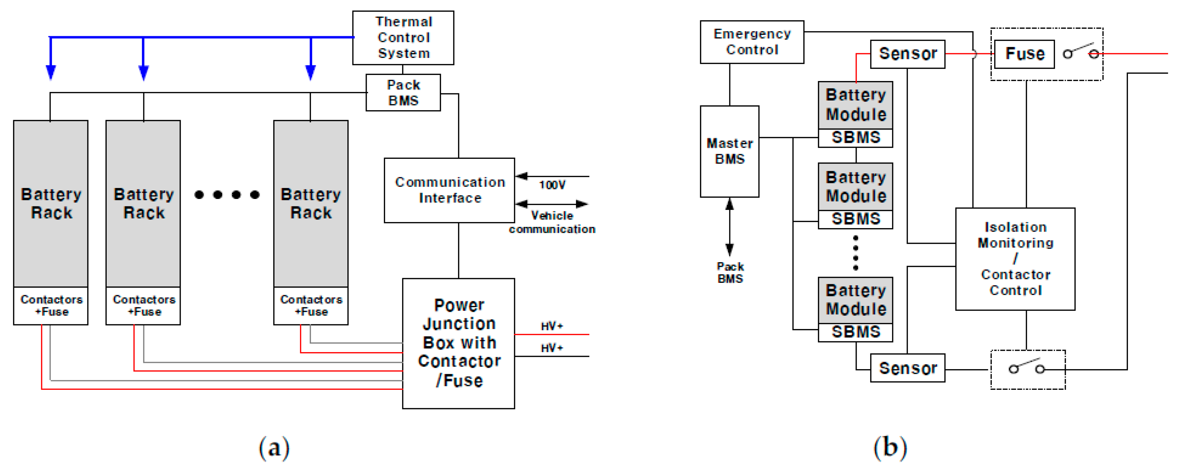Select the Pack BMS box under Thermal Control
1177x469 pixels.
pos(403,93)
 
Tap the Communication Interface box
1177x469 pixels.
pos(449,190)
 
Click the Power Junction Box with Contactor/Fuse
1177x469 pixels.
pos(458,343)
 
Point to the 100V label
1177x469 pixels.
pos(552,185)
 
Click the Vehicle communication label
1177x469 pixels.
pos(552,222)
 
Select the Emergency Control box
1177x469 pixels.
pos(752,42)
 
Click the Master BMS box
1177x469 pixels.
pos(729,151)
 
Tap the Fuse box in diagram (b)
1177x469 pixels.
pos(1024,54)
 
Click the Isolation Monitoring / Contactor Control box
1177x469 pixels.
pos(1015,259)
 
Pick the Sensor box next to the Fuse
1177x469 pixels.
pos(907,54)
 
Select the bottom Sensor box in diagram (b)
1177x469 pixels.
pos(907,368)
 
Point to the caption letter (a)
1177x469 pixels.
pos(274,448)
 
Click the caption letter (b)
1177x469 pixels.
pos(890,448)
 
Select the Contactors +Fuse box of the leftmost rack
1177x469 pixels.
pos(51,306)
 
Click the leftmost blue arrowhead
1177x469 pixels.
pos(51,72)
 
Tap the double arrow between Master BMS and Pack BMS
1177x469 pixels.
pos(729,227)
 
